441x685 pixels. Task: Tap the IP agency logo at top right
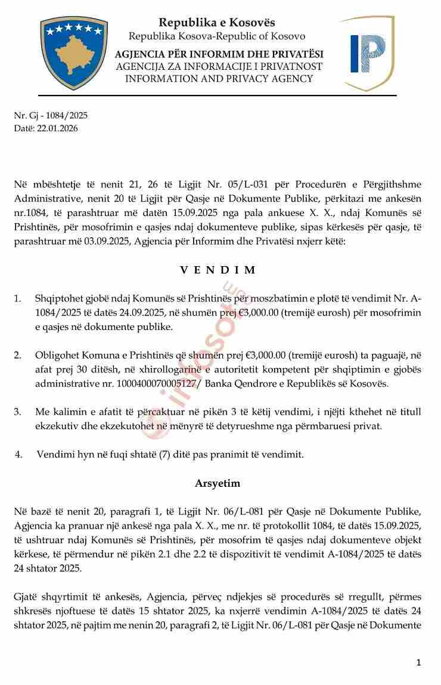367,54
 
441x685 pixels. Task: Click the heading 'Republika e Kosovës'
216,22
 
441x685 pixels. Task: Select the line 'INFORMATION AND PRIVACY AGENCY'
216,78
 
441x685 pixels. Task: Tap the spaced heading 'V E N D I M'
218,270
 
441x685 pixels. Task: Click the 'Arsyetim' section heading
218,483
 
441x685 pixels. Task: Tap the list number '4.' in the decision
19,454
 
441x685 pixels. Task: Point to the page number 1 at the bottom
419,662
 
